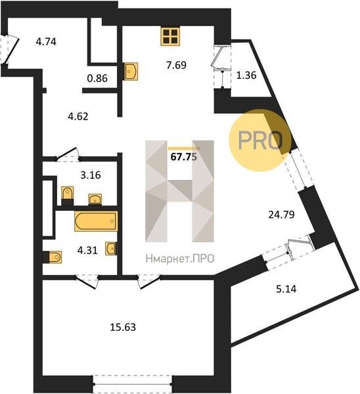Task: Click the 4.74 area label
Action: tap(46, 42)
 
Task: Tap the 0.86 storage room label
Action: tap(97, 78)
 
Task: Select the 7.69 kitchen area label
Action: tap(176, 65)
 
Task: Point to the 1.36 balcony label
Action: tap(246, 75)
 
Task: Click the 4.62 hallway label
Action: tap(78, 117)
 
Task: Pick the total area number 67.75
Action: tap(183, 157)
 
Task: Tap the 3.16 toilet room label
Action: tap(91, 175)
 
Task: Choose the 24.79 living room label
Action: tap(281, 215)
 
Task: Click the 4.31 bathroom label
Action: tap(87, 251)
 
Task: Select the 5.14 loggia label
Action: tap(286, 289)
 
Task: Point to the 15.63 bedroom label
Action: tap(123, 327)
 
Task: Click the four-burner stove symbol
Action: tap(170, 36)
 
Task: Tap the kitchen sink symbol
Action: tap(131, 72)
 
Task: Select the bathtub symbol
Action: tap(96, 221)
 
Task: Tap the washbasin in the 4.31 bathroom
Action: tap(111, 248)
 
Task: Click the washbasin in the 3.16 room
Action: tap(95, 200)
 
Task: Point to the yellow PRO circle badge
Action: tap(260, 141)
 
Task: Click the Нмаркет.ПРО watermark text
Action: tap(180, 258)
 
